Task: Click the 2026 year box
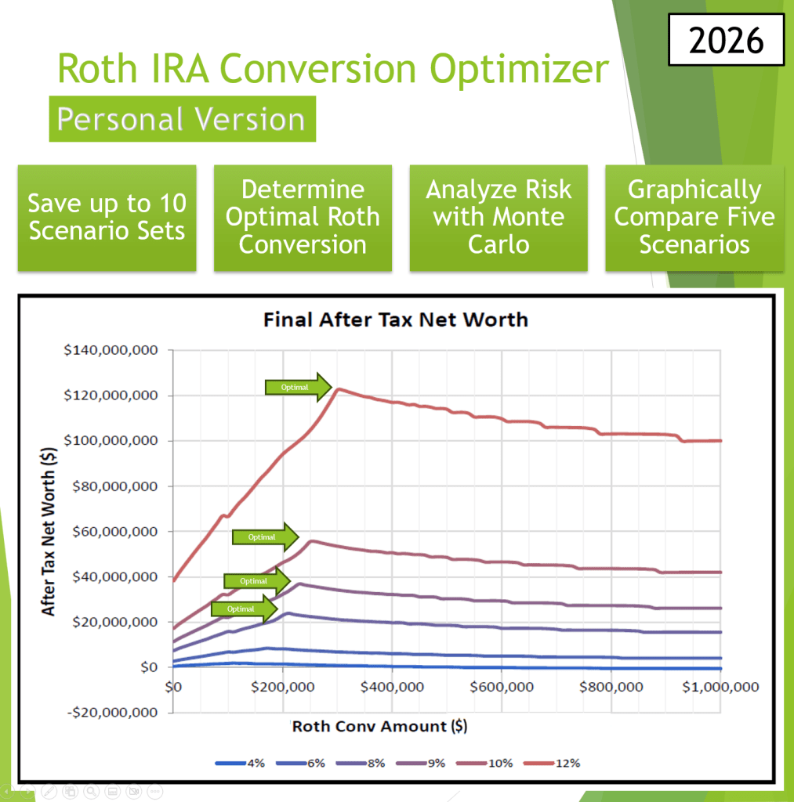pyautogui.click(x=726, y=39)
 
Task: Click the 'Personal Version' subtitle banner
pyautogui.click(x=182, y=119)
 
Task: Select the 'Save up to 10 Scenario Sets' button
pyautogui.click(x=107, y=218)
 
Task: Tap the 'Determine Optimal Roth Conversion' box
pyautogui.click(x=303, y=218)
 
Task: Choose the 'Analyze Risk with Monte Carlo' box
pyautogui.click(x=499, y=218)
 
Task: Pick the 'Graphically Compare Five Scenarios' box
pyautogui.click(x=694, y=218)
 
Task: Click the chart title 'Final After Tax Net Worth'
pyautogui.click(x=396, y=320)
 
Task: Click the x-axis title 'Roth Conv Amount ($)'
pyautogui.click(x=379, y=726)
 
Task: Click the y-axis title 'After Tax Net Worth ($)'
pyautogui.click(x=49, y=521)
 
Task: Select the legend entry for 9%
pyautogui.click(x=428, y=763)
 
